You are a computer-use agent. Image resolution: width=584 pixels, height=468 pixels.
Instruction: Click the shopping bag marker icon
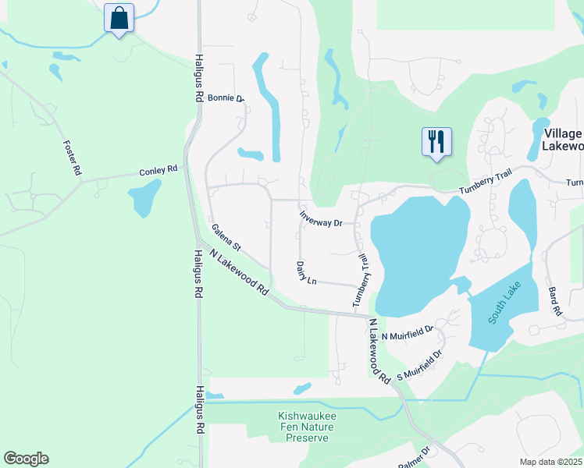click(119, 18)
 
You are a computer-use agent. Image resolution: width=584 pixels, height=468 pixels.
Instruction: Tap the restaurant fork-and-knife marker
click(436, 142)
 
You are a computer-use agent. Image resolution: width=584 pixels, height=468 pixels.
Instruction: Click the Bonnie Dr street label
click(226, 99)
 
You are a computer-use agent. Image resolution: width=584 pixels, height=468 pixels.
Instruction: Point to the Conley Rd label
click(158, 169)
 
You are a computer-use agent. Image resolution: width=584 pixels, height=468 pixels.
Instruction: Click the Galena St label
click(226, 238)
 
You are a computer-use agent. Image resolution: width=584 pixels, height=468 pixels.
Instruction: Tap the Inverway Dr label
click(321, 218)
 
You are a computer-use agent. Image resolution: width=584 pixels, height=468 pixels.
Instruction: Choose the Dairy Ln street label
click(306, 273)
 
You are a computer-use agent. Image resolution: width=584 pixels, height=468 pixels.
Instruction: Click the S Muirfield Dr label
click(419, 365)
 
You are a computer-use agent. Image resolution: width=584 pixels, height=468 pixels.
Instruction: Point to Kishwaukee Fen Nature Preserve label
click(307, 428)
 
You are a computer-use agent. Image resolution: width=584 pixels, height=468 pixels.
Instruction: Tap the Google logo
click(26, 459)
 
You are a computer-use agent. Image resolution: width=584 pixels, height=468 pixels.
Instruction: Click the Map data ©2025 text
click(550, 462)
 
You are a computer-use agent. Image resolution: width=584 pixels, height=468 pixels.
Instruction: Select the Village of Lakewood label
click(563, 140)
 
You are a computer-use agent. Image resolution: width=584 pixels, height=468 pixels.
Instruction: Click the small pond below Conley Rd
click(146, 199)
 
